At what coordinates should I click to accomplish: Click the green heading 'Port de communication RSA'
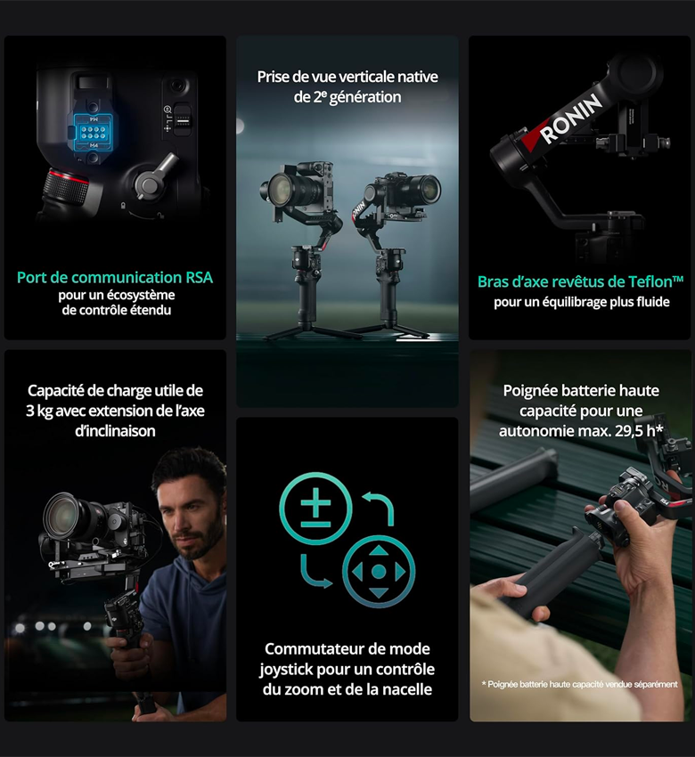(x=115, y=278)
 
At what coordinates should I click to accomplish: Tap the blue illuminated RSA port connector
(x=94, y=132)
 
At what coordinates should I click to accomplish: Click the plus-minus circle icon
(x=315, y=509)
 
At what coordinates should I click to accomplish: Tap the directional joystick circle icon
(x=379, y=572)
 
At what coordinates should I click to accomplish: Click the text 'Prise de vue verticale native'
(x=347, y=77)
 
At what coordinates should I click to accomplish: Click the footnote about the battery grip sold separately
(x=579, y=684)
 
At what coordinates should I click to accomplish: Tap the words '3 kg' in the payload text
(x=39, y=411)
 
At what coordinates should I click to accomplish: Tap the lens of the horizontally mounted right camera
(x=429, y=188)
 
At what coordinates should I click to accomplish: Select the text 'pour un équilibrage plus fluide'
(x=582, y=302)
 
